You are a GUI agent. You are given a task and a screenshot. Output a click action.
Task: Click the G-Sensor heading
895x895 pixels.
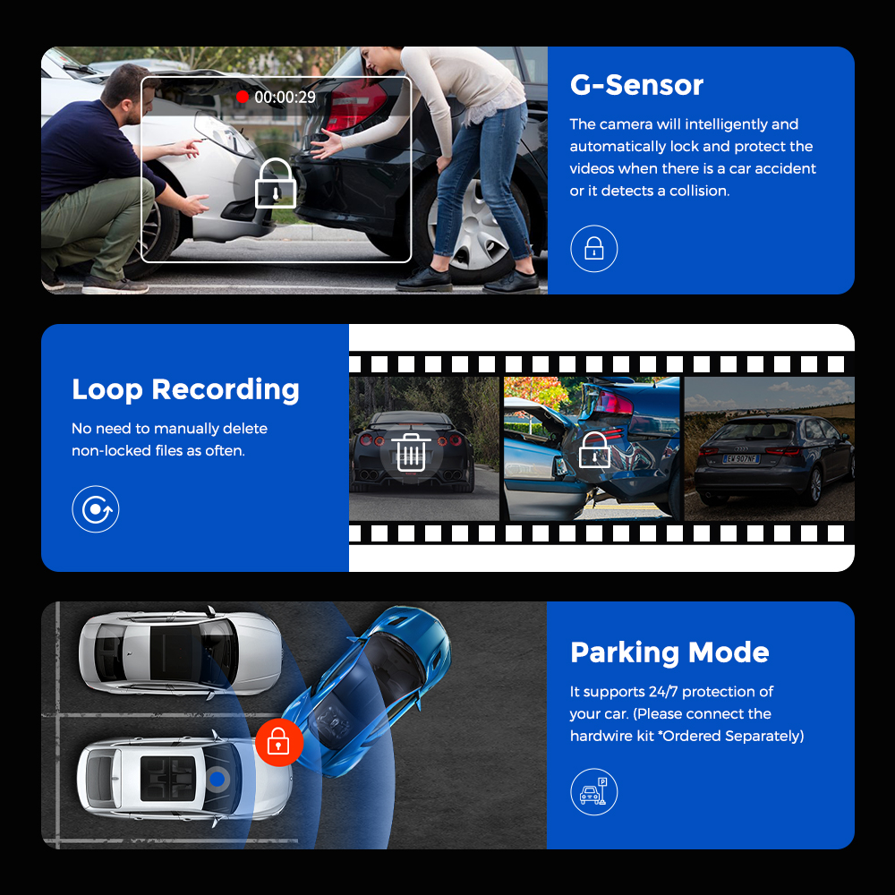coord(636,85)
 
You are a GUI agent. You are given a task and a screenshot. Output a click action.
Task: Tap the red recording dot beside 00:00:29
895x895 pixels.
coord(243,97)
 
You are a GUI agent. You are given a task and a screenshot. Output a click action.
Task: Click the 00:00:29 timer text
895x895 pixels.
coord(285,97)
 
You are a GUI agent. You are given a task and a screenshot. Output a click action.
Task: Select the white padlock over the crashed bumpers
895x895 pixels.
coord(275,183)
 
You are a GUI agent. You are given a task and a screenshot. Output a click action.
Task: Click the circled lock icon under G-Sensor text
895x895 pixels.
coord(593,248)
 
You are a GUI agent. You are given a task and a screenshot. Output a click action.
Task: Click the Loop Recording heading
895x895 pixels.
coord(185,390)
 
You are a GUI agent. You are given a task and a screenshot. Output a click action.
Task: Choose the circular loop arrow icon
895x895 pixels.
coord(96,509)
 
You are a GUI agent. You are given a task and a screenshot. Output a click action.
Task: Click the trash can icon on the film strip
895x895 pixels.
coord(411,453)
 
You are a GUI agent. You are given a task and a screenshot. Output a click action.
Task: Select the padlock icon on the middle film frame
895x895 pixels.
coord(594,450)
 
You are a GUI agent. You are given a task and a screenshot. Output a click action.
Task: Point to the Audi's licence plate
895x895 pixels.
coord(740,458)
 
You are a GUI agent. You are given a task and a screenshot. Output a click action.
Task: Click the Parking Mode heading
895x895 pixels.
coord(669,652)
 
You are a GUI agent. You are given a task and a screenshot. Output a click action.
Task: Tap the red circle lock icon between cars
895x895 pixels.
coord(279,742)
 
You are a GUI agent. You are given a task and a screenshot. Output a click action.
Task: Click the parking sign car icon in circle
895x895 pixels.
coord(593,792)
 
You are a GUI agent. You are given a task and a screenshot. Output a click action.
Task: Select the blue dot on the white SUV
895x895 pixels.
coord(217,779)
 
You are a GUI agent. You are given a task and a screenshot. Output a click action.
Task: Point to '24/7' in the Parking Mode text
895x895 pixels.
coord(663,692)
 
